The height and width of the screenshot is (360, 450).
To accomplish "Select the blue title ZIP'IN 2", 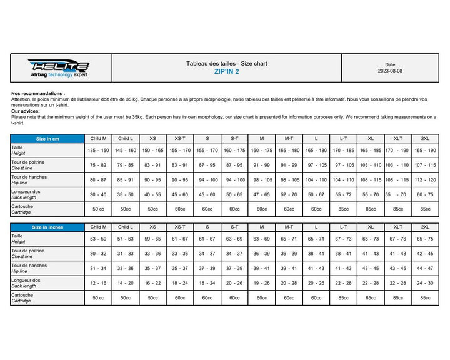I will [x=226, y=72].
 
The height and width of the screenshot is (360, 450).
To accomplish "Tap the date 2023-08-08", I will [x=390, y=71].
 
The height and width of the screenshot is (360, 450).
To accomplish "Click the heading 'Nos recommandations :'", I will [x=38, y=93].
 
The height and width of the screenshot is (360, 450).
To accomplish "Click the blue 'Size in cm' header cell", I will [x=47, y=138].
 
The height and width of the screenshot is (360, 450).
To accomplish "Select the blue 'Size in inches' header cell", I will [x=47, y=227].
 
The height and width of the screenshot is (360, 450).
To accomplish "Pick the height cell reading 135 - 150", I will [x=99, y=151].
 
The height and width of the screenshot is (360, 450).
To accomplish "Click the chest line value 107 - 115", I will [x=425, y=165].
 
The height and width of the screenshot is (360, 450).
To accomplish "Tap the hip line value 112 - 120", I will [x=425, y=180].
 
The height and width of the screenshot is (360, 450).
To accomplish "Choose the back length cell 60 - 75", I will [x=425, y=195].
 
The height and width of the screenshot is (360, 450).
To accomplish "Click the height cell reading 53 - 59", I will [x=99, y=239].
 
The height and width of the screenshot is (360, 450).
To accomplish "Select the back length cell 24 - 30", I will [x=425, y=283].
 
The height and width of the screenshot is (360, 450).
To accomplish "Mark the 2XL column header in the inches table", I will [x=425, y=227].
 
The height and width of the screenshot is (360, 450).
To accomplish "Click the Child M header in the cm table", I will [x=99, y=138].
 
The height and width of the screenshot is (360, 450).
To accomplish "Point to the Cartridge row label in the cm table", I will [x=22, y=209].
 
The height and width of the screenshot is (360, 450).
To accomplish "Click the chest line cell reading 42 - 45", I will [x=425, y=254].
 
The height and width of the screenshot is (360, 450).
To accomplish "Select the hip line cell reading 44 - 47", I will [x=425, y=269].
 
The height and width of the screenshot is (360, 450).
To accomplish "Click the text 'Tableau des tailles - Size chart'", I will [x=226, y=63].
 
